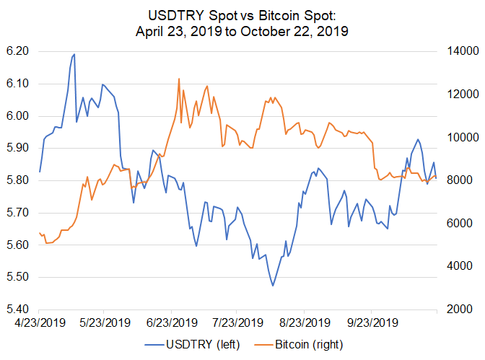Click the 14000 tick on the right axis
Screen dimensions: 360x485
coord(458,51)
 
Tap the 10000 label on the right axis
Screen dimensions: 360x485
coord(458,137)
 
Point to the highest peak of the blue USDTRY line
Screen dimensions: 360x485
coord(74,54)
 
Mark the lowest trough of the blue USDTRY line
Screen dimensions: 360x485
coord(273,286)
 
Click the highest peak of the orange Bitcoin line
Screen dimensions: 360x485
coord(178,79)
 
